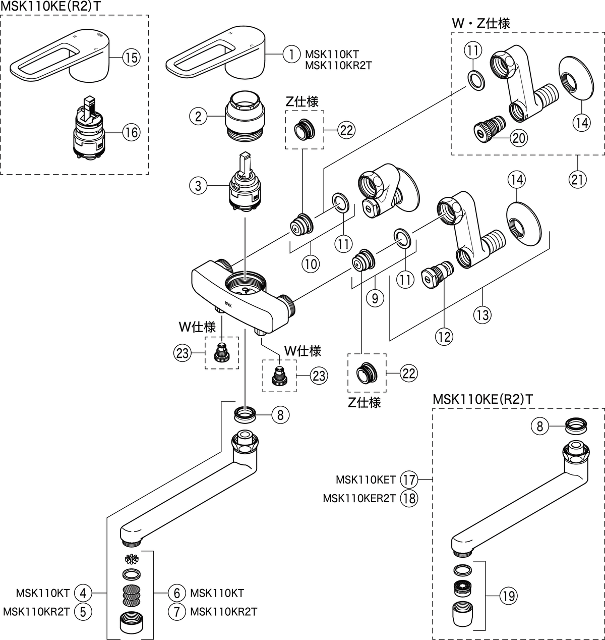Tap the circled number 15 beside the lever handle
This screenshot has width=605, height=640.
tap(130, 57)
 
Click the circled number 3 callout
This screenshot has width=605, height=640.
tap(198, 186)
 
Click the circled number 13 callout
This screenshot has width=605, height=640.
tap(482, 315)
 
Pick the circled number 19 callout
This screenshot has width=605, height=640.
tap(508, 597)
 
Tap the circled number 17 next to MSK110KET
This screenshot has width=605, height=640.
tap(408, 478)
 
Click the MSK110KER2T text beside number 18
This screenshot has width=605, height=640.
tap(359, 498)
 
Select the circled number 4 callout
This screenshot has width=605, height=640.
tap(83, 592)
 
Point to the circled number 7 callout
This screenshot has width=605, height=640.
tap(177, 612)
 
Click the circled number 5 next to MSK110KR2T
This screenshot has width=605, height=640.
tap(83, 612)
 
